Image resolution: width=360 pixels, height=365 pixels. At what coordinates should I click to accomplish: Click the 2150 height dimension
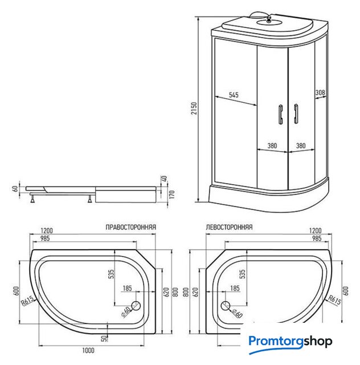(194, 108)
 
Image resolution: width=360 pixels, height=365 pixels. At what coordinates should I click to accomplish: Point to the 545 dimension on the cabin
(233, 95)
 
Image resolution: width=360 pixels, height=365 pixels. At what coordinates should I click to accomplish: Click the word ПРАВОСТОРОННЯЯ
(131, 226)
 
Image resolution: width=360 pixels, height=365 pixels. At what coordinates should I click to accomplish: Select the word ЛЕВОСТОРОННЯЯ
(229, 226)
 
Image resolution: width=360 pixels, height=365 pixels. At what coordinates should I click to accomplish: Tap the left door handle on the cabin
(280, 113)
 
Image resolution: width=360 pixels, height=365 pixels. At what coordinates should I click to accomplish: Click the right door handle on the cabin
(296, 113)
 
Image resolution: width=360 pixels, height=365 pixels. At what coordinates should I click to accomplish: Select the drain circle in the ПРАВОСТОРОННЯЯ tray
(137, 306)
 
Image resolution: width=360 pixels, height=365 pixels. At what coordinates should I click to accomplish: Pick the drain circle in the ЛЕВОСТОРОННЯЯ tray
(224, 306)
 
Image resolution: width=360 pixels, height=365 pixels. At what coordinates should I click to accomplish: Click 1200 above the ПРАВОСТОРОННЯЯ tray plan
(47, 230)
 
